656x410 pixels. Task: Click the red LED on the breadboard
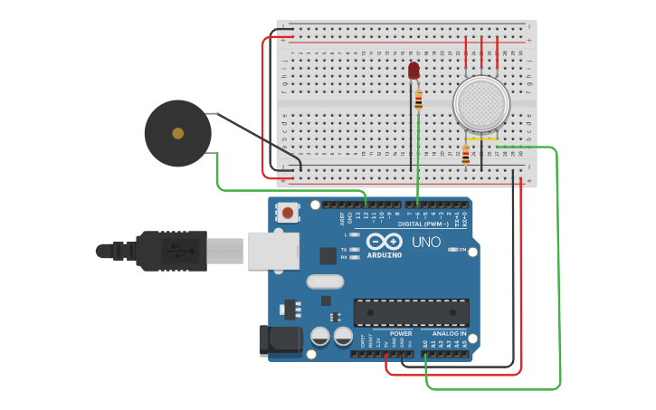coord(414,70)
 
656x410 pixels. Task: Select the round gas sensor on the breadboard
coord(480,102)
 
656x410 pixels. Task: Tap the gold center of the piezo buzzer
coord(178,133)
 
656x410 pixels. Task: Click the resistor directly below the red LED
coord(418,100)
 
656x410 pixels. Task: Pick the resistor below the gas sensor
coord(466,155)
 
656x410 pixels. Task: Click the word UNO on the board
coord(426,243)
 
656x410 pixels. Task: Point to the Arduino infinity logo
coord(385,242)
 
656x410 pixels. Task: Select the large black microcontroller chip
coord(411,312)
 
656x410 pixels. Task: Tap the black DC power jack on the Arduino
coord(280,339)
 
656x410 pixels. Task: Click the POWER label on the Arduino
coord(400,333)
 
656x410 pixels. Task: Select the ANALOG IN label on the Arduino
coord(449,333)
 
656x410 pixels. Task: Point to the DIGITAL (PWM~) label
coord(422,224)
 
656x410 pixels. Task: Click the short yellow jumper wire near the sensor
coord(481,139)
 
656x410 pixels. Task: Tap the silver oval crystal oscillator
coord(325,281)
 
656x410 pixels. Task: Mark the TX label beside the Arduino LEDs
coord(344,249)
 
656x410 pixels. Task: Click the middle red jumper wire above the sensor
coord(481,52)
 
